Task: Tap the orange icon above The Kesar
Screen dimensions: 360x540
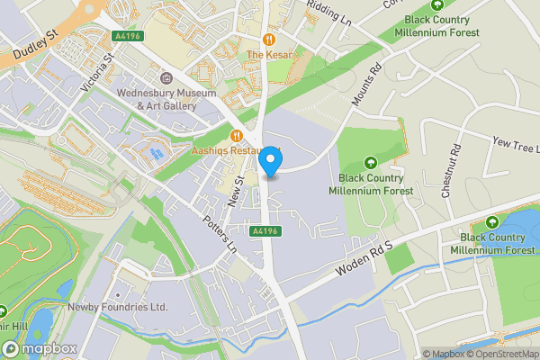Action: click(x=269, y=40)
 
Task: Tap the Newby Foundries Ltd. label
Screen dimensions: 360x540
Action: click(x=118, y=307)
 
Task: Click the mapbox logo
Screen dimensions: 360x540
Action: click(x=38, y=348)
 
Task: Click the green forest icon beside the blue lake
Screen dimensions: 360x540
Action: click(x=491, y=222)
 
